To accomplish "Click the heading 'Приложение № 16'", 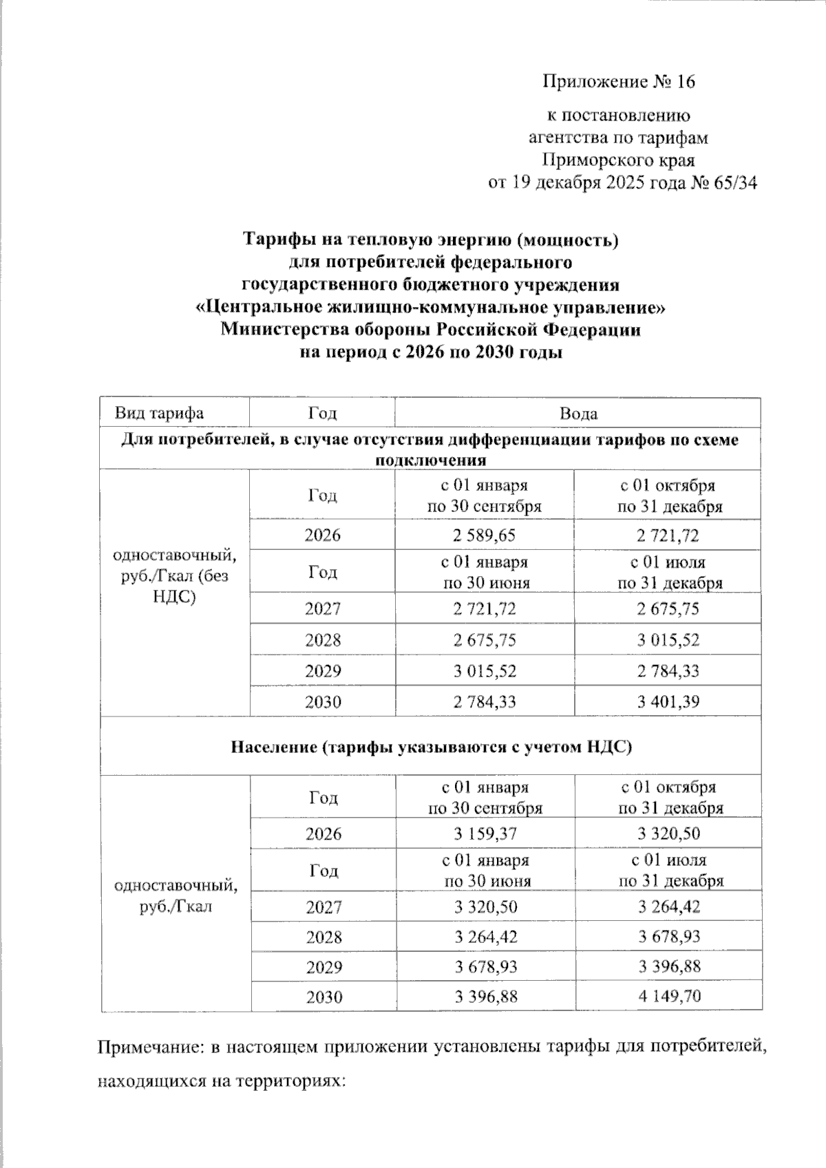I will pyautogui.click(x=619, y=82).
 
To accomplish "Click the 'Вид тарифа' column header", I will pyautogui.click(x=159, y=413).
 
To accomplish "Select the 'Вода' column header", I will pyautogui.click(x=578, y=414).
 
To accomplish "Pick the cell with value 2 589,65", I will pyautogui.click(x=484, y=535).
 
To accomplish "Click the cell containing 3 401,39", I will pyautogui.click(x=668, y=703).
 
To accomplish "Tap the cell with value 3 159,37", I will pyautogui.click(x=485, y=833).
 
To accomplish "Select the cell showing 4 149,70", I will pyautogui.click(x=668, y=995).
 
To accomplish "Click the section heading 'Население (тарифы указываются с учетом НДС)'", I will pyautogui.click(x=431, y=747).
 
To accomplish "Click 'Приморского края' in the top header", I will pyautogui.click(x=618, y=160).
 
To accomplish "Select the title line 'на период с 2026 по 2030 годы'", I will pyautogui.click(x=431, y=352).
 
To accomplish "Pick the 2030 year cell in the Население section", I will pyautogui.click(x=323, y=996).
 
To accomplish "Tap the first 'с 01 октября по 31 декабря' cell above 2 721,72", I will pyautogui.click(x=668, y=496).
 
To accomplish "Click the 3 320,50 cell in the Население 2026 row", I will pyautogui.click(x=668, y=833).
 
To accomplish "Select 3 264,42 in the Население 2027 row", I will pyautogui.click(x=668, y=906).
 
